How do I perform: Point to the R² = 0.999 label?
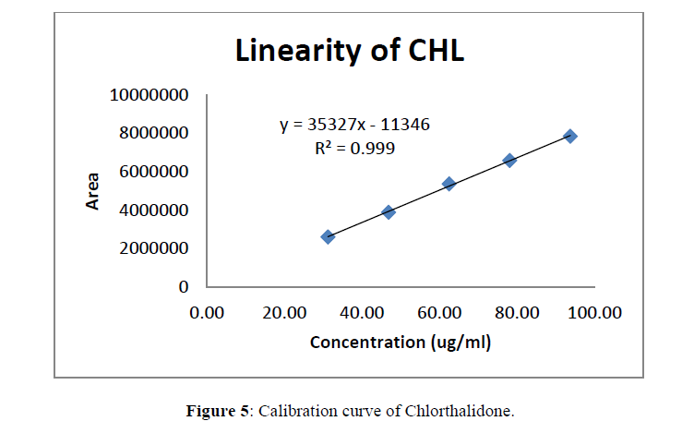pyautogui.click(x=354, y=148)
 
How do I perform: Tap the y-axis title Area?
pyautogui.click(x=93, y=191)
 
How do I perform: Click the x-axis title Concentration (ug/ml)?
pyautogui.click(x=400, y=343)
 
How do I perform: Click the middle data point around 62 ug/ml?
pyautogui.click(x=449, y=184)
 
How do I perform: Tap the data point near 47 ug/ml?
pyautogui.click(x=389, y=211)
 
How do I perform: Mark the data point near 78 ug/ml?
pyautogui.click(x=509, y=160)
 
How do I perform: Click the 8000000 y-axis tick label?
pyautogui.click(x=153, y=133)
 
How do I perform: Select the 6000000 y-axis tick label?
pyautogui.click(x=153, y=172)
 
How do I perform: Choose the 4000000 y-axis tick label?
pyautogui.click(x=153, y=210)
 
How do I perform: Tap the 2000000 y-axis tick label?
pyautogui.click(x=153, y=248)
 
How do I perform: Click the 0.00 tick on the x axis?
pyautogui.click(x=207, y=312)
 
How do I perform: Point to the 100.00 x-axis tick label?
pyautogui.click(x=593, y=312)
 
